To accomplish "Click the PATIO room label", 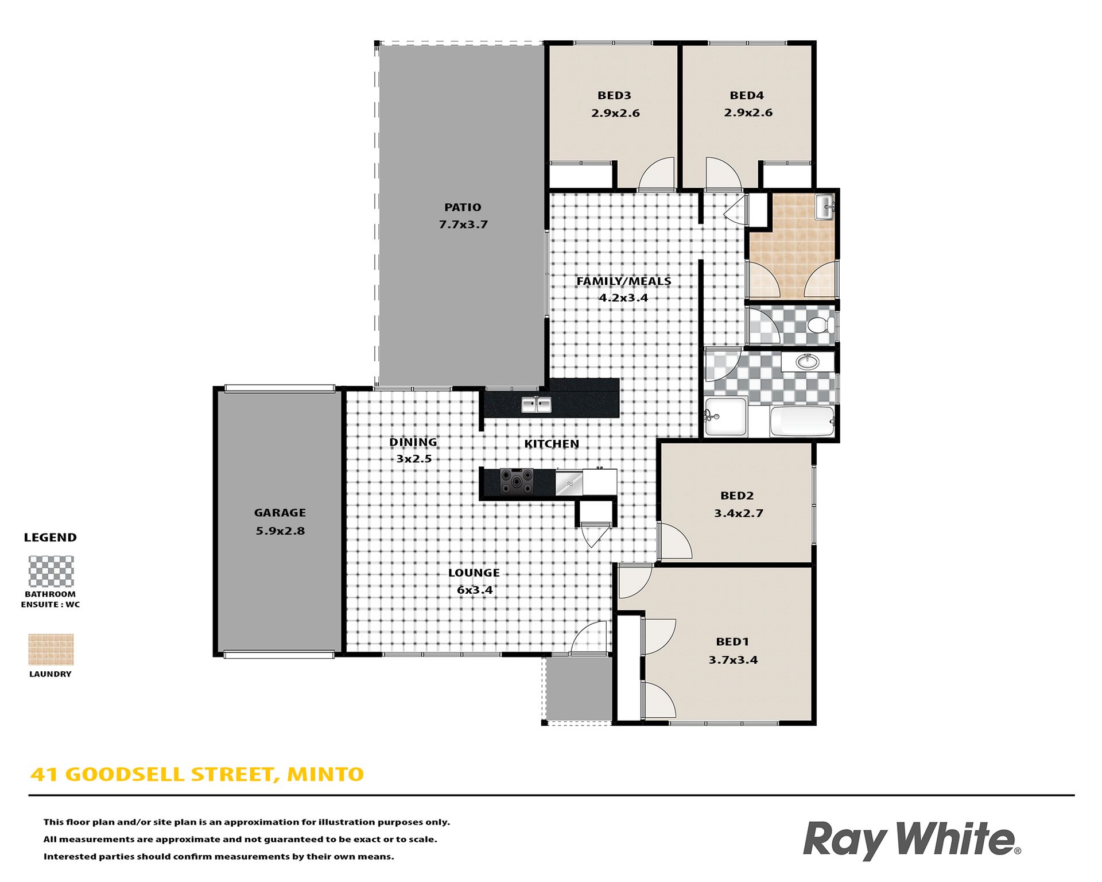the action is point(463,207).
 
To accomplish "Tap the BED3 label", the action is point(614,95).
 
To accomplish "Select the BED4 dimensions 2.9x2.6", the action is point(748,113).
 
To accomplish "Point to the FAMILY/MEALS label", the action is point(623,281).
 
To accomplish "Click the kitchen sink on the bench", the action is point(536,404).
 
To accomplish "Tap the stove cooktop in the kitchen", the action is point(517,481).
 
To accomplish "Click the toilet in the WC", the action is point(821,325).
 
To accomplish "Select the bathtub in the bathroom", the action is point(802,421).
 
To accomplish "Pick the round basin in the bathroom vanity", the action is point(808,362).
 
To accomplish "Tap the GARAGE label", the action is point(280,513).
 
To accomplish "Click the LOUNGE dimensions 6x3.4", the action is point(475,590).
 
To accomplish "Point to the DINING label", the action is point(413,442).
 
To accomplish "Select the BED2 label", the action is point(737,496).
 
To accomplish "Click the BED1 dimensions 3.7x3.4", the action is point(733,660).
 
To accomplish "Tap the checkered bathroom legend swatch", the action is point(51,571).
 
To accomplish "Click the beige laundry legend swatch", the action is point(51,649).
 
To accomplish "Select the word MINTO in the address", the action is point(325,774).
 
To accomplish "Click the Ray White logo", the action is point(911,841).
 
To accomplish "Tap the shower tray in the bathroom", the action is point(726,416).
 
